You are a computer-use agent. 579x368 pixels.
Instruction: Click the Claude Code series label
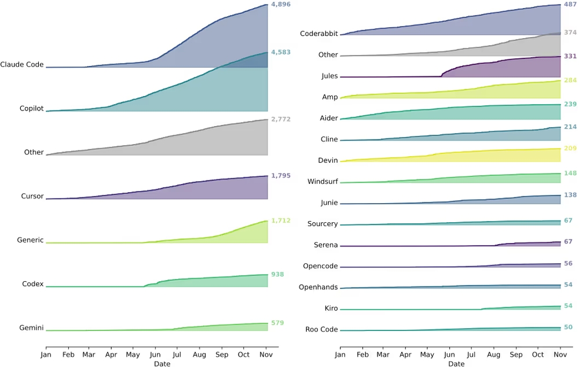point(22,65)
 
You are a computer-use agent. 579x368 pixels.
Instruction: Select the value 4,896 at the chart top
point(281,5)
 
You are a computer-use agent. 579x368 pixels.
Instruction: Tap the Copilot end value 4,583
point(281,53)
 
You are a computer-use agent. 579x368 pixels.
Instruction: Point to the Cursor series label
point(32,196)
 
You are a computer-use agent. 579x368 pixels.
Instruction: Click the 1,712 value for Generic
point(281,220)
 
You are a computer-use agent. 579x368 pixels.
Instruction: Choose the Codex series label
point(33,284)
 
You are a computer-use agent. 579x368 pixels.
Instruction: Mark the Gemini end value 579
point(277,323)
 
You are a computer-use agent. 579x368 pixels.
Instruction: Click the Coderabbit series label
point(319,34)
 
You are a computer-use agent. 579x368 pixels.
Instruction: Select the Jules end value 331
point(570,57)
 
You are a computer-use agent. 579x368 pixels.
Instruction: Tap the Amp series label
point(330,97)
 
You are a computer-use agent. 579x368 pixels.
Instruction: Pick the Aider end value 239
point(570,104)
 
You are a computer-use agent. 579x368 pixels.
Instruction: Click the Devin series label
point(328,161)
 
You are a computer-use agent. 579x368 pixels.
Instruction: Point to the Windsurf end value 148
point(570,173)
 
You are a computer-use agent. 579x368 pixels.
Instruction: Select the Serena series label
point(326,245)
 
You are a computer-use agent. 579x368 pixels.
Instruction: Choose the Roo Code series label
point(322,330)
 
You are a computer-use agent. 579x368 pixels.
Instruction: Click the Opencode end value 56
point(568,263)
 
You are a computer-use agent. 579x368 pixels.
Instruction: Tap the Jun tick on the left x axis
point(155,355)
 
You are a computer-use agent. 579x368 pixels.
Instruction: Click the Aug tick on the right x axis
point(494,355)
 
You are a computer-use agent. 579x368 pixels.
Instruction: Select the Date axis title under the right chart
point(456,364)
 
